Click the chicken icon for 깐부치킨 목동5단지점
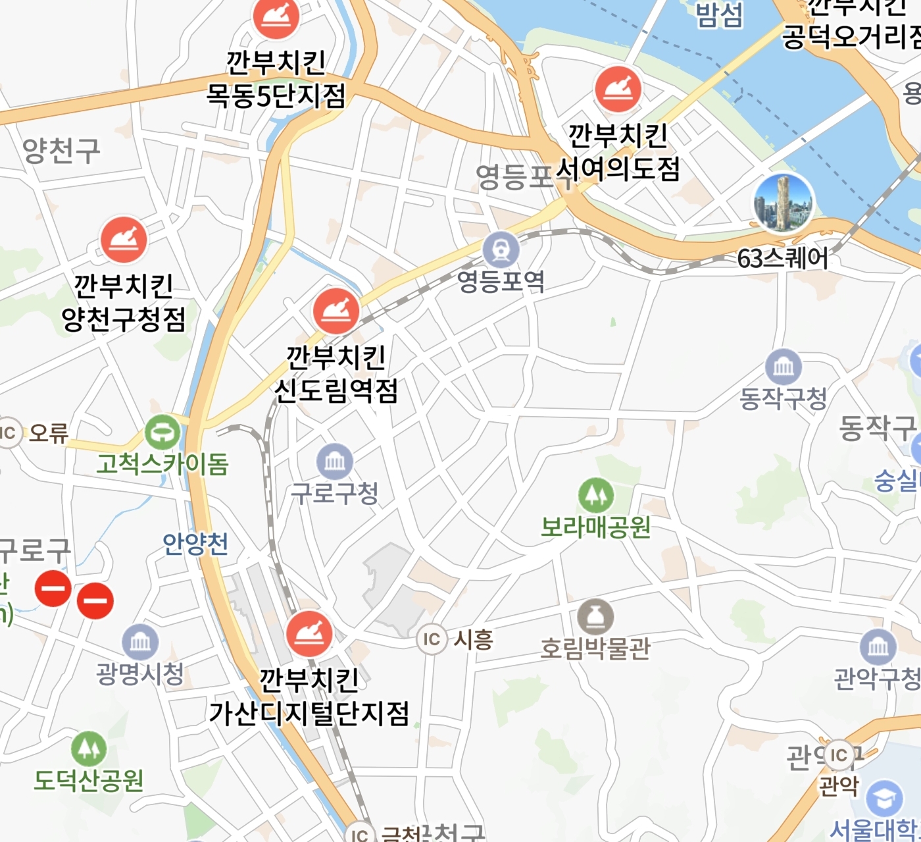tap(276, 17)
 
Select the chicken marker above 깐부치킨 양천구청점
tap(124, 240)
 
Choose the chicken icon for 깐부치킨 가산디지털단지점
tap(309, 633)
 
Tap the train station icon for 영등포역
tap(501, 250)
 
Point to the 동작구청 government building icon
tap(784, 367)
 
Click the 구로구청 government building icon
tap(335, 461)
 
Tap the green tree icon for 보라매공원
tap(596, 495)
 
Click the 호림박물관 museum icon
tap(595, 617)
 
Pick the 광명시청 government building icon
tap(140, 642)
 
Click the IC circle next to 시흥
tap(432, 639)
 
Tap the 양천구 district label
tap(61, 151)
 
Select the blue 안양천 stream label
tap(195, 544)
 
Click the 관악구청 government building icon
tap(878, 647)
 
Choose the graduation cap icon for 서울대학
tap(884, 798)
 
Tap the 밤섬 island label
tap(719, 15)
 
